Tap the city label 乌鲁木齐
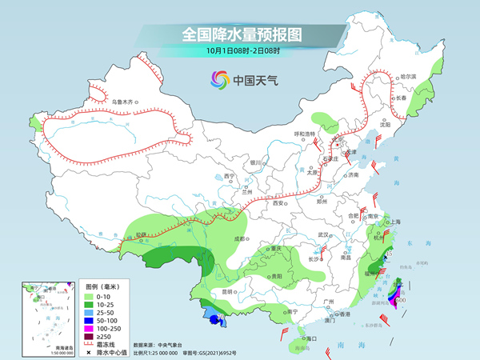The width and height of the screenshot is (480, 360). pyautogui.click(x=124, y=102)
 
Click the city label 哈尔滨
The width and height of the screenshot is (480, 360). pyautogui.click(x=408, y=75)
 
